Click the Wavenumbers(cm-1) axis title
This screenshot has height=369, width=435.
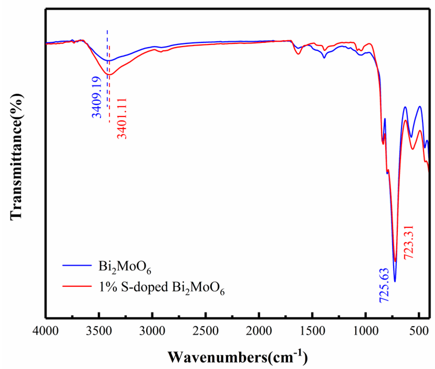coord(238,357)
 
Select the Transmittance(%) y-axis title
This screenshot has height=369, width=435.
coord(16,157)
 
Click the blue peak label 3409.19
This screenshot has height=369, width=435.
coord(96,97)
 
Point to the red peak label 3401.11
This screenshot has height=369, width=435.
coord(122,118)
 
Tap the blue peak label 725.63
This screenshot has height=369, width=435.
coord(384,285)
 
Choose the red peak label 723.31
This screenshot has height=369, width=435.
coord(408,242)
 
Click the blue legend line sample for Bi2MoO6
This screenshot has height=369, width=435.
coord(77,265)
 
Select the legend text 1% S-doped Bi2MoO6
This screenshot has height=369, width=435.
coord(161,287)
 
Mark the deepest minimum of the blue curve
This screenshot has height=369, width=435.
coord(395,281)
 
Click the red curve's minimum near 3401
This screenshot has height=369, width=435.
coord(109,75)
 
